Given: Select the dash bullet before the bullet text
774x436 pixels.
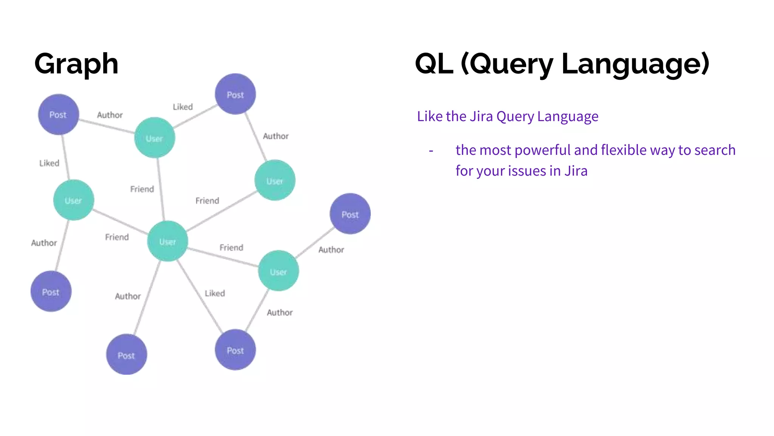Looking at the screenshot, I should pos(431,151).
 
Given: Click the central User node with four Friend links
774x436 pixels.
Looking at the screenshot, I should pos(167,241).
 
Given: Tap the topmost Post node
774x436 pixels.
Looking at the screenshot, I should pos(235,94).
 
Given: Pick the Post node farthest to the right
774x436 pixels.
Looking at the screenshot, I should pos(350,214).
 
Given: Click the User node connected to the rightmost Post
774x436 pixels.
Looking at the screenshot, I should pos(278,271).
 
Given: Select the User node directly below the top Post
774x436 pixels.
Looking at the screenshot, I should pos(275,181).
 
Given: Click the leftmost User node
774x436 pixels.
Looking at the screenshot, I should pos(73,200).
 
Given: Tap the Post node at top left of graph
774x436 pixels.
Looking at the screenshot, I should pos(58,114).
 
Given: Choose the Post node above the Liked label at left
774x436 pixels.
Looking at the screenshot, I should pos(58,114).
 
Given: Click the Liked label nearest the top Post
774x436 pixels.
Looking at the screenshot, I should pos(183,107).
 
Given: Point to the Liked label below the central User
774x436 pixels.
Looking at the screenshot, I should pos(215,293).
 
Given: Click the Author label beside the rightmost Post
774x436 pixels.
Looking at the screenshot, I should pos(331,250).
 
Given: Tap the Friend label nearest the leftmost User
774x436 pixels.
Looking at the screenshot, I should pos(117,237).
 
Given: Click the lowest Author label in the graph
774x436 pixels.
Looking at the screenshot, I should pos(280,313).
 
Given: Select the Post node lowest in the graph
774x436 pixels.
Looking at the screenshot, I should pos(126,355).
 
